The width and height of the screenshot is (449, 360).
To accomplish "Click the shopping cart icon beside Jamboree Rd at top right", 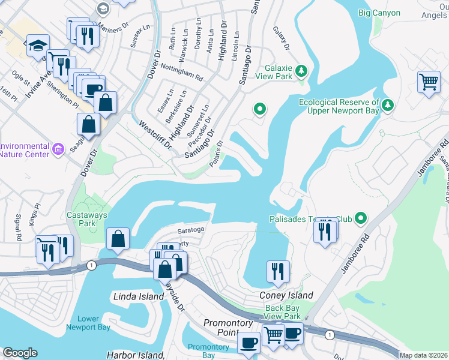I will (x=429, y=82).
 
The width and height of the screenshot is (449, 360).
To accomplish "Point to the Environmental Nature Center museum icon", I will (x=58, y=148).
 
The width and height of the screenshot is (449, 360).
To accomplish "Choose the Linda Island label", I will (x=139, y=296).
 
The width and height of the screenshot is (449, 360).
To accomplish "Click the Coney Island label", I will (x=286, y=295).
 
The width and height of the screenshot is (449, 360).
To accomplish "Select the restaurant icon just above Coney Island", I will (x=278, y=271).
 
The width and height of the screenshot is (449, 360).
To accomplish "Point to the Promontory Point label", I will (x=228, y=328).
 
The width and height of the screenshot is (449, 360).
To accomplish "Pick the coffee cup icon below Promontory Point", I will (x=248, y=343).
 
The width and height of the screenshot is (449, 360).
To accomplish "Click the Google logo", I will (x=20, y=353).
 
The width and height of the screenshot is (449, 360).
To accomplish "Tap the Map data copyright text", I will (x=423, y=355).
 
